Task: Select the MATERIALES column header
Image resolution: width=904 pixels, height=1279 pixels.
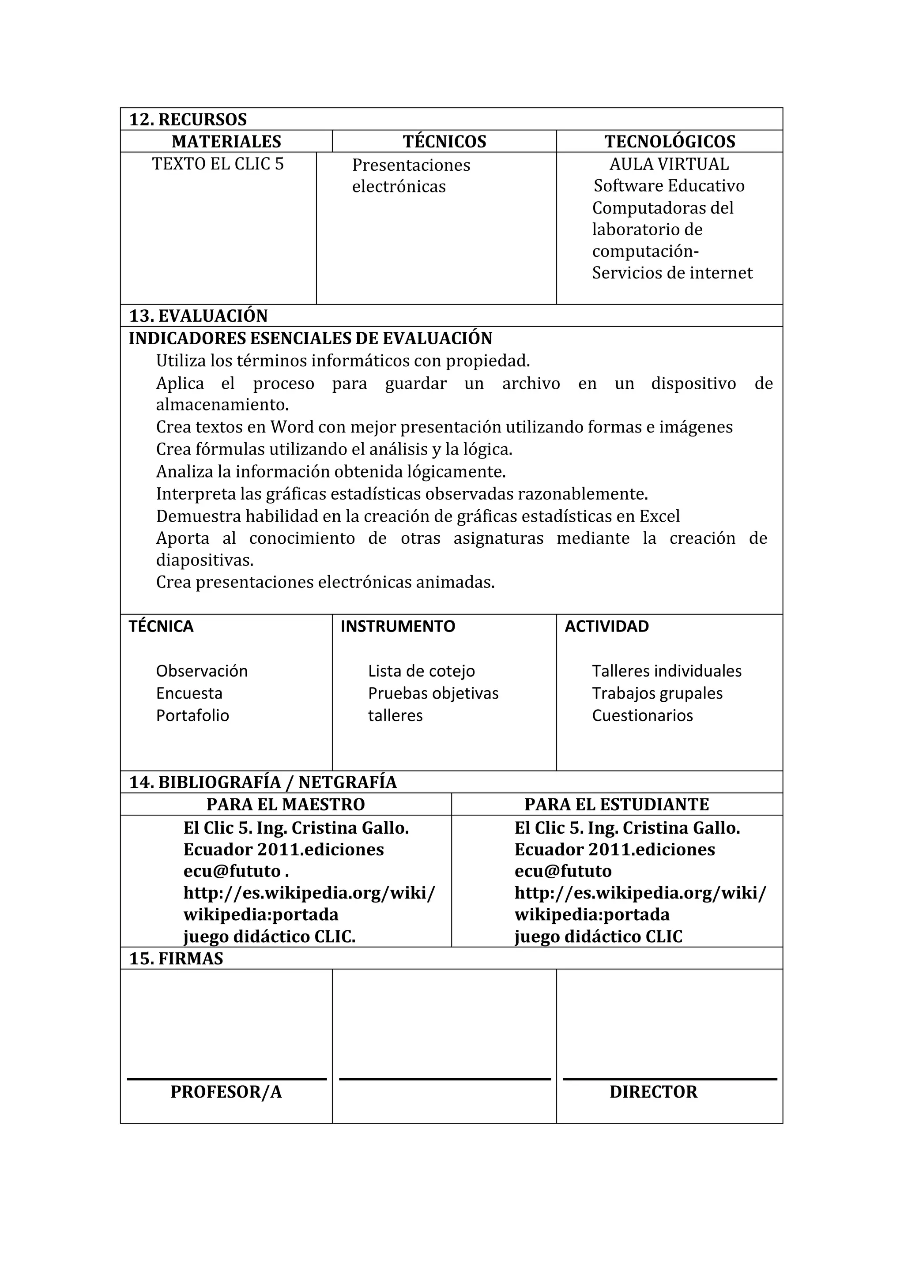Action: point(226,142)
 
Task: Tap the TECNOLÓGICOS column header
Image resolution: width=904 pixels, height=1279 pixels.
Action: point(670,142)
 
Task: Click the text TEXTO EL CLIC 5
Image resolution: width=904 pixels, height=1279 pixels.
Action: point(218,164)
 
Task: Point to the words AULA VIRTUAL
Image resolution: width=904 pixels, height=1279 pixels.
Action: point(668,164)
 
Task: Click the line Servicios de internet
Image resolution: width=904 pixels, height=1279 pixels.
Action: point(672,273)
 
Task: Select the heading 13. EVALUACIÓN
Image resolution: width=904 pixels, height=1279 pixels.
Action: point(198,316)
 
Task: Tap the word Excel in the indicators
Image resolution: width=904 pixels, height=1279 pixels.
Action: point(659,516)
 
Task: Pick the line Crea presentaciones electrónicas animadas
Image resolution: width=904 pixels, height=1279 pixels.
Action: point(325,582)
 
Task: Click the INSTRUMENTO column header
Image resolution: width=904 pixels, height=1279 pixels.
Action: point(398,626)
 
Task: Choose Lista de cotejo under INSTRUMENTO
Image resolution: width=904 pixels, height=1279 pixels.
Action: point(421,671)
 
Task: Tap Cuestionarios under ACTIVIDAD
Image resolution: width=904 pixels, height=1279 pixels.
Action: point(642,715)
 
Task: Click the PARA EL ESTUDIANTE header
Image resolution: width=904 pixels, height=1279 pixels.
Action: point(617,805)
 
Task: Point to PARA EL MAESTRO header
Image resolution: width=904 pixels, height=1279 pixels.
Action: point(285,805)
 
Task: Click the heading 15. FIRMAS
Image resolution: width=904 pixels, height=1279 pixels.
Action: point(176,958)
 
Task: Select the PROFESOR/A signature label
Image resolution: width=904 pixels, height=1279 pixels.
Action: point(226,1092)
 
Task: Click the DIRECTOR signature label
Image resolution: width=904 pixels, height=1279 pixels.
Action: point(653,1092)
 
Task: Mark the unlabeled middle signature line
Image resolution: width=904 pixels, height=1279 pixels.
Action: point(444,1079)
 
